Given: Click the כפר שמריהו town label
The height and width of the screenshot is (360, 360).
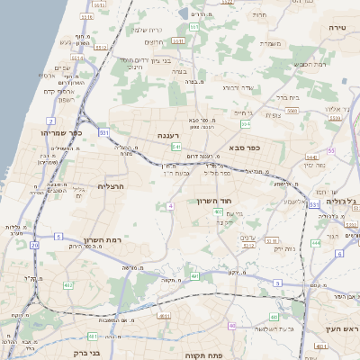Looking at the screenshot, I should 59,132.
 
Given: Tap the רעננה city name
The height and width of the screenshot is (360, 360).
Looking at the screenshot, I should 168,135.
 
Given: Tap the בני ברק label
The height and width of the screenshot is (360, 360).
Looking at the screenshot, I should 85,353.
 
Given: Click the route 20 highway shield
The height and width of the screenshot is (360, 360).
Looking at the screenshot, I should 34,244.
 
